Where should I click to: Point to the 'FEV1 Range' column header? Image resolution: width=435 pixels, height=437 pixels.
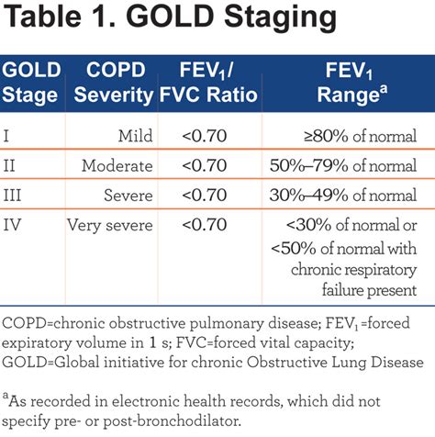[346, 84]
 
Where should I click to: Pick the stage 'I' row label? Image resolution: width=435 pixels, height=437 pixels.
[9, 137]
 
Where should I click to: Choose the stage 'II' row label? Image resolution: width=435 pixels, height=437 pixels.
[12, 167]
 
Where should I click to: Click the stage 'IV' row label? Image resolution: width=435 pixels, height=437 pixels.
[15, 226]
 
